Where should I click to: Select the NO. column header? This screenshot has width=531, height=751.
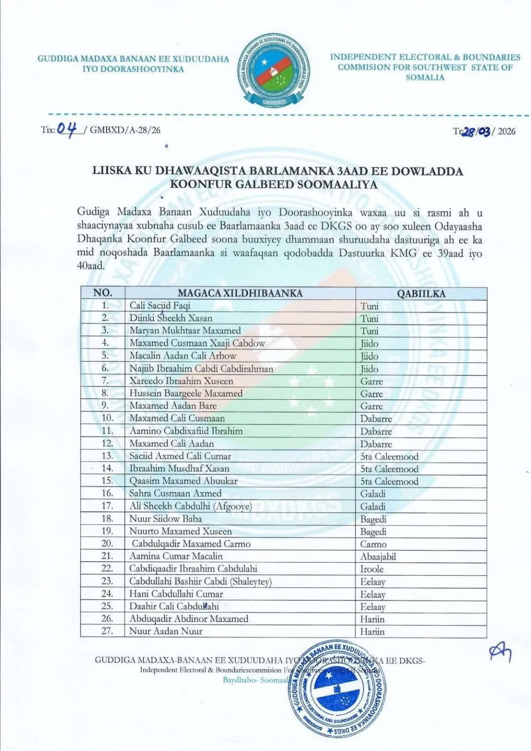pos(103,293)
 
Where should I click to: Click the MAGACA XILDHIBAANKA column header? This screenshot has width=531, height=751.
pos(240,293)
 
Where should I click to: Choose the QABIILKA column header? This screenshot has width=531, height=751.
pos(421,293)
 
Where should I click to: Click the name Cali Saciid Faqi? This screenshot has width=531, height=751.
pos(160,306)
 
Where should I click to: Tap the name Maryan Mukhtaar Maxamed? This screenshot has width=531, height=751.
pos(185,331)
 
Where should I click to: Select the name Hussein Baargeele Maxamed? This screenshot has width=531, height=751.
pos(186,393)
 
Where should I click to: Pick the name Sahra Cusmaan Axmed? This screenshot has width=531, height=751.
pos(175,493)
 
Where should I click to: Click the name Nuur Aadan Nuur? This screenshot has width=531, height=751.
pos(166,631)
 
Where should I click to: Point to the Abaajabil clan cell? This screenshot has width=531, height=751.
pos(378,556)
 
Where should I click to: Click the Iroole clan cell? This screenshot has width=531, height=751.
pos(372,569)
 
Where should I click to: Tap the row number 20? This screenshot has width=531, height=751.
pos(107,544)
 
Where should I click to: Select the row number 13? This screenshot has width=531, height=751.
pos(107,456)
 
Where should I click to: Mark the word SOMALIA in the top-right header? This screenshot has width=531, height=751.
pos(425,78)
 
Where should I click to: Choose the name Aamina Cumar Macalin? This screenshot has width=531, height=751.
pos(176,556)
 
